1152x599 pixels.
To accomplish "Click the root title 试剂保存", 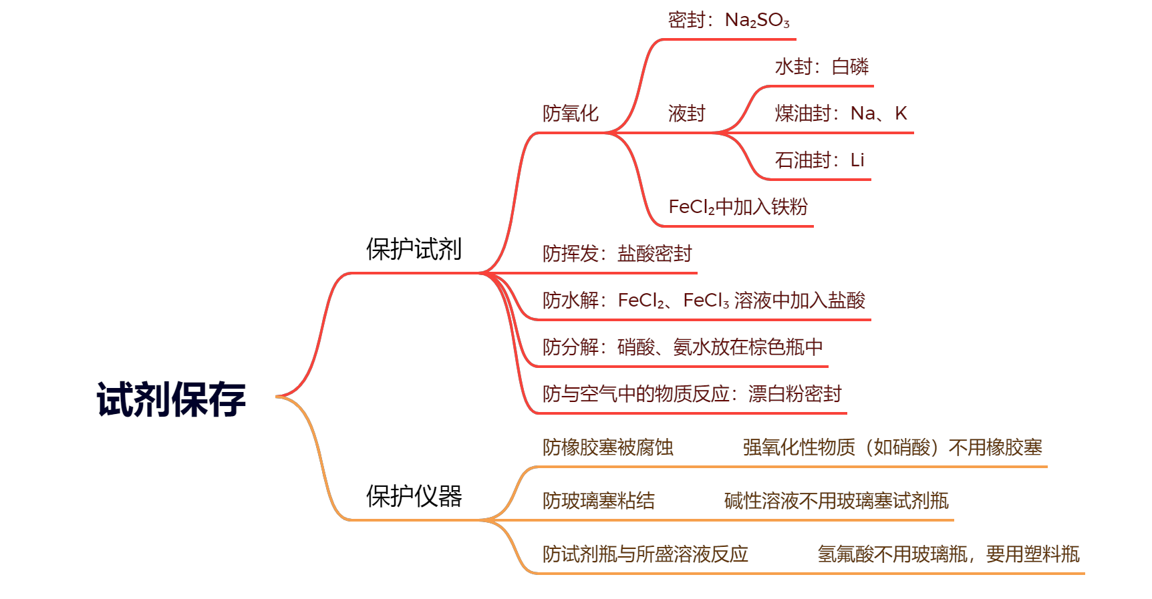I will pyautogui.click(x=172, y=399).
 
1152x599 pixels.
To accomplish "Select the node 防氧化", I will pyautogui.click(x=570, y=114).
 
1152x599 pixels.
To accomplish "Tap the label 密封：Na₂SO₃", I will pyautogui.click(x=728, y=21).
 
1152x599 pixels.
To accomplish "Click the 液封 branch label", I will pyautogui.click(x=686, y=114).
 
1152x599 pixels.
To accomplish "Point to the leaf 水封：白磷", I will pyautogui.click(x=821, y=67).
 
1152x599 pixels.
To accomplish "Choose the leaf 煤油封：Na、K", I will pyautogui.click(x=841, y=114).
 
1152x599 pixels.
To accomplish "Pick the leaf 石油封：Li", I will pyautogui.click(x=819, y=161).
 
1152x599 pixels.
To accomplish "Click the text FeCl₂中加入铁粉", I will pyautogui.click(x=738, y=208).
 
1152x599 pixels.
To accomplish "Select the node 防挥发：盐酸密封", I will pyautogui.click(x=617, y=254).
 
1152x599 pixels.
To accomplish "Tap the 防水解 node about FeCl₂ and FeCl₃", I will pyautogui.click(x=704, y=301).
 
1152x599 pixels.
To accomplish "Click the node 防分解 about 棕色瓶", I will pyautogui.click(x=682, y=348).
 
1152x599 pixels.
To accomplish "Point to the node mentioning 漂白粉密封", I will pyautogui.click(x=692, y=395).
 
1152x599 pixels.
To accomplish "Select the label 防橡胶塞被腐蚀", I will pyautogui.click(x=607, y=448).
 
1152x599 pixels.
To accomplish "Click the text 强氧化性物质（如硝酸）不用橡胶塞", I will pyautogui.click(x=892, y=448).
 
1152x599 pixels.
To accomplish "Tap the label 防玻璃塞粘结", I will pyautogui.click(x=598, y=502).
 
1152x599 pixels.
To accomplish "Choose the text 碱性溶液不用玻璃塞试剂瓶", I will pyautogui.click(x=836, y=502).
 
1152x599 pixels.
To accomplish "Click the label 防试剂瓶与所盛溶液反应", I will pyautogui.click(x=645, y=555).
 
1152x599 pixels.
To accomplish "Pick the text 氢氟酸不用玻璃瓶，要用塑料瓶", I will pyautogui.click(x=948, y=555).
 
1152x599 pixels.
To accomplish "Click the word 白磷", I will pyautogui.click(x=850, y=67).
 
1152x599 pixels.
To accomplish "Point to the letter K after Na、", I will pyautogui.click(x=901, y=114).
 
